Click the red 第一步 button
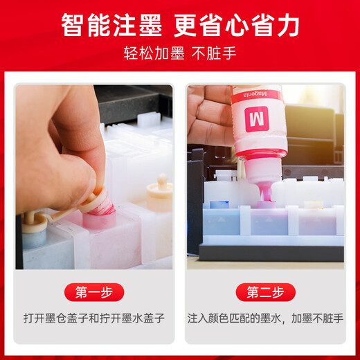point(94,291)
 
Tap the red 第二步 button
point(266,291)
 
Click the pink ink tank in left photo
point(104,235)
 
